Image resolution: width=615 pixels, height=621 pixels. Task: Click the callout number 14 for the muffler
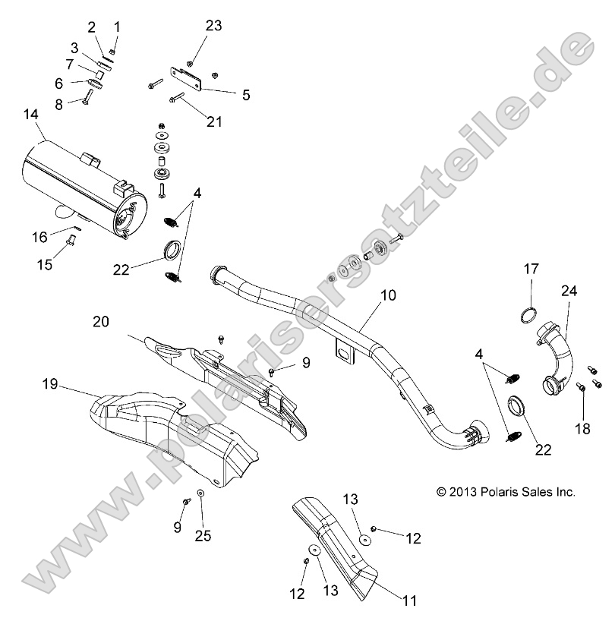(30, 115)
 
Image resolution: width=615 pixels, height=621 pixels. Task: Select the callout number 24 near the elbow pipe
(569, 291)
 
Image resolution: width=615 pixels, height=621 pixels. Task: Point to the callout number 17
(531, 268)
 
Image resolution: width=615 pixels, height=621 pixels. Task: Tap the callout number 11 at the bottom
(409, 601)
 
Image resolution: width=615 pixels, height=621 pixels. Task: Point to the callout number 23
(213, 25)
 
